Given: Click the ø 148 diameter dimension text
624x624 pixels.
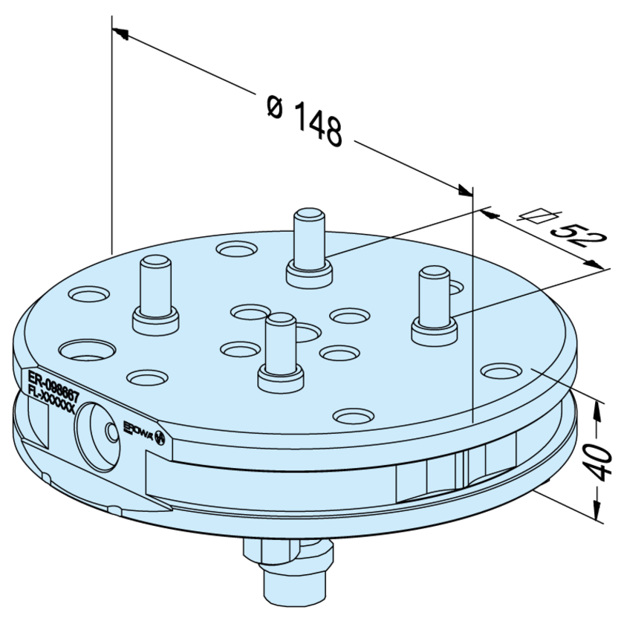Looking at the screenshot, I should pos(305,121).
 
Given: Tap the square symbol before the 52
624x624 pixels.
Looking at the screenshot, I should pos(536,217).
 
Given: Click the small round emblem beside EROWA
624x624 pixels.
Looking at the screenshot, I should pos(159,440).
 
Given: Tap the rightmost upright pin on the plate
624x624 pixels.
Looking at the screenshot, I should pos(435,305).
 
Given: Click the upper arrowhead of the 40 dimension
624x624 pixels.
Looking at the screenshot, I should pos(596,406).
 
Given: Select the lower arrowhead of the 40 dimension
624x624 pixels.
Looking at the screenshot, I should pos(596,512).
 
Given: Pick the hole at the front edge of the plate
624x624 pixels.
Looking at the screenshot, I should pos(354,416).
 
